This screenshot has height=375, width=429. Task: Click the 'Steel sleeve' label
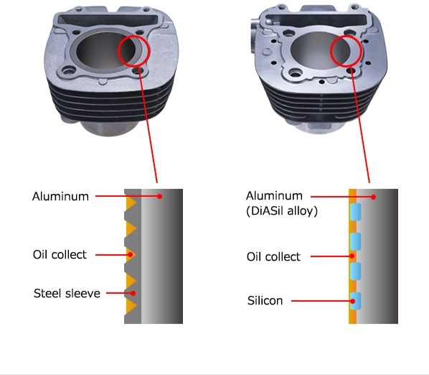tap(67, 293)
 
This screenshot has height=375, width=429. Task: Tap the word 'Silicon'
tap(265, 300)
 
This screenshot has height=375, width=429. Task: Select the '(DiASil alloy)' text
tap(282, 211)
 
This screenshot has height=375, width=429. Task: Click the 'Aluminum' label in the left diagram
tap(60, 196)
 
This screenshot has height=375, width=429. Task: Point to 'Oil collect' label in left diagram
tap(60, 255)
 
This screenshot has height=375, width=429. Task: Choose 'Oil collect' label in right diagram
tap(273, 256)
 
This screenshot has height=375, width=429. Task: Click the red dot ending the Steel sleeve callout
tap(133, 293)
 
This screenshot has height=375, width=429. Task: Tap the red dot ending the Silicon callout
tap(353, 301)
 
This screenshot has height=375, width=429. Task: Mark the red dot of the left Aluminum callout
tap(160, 196)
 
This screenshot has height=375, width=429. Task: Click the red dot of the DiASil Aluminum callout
tap(374, 197)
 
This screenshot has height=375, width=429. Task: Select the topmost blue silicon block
tap(355, 212)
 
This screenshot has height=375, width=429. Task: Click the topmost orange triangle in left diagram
tap(131, 203)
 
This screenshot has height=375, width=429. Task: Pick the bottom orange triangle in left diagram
tap(131, 306)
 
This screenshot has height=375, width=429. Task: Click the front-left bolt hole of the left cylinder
tap(68, 71)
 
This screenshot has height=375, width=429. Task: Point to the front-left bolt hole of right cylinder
tap(296, 73)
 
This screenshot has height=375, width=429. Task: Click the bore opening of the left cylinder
tap(106, 51)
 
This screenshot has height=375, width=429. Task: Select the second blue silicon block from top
tap(355, 242)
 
